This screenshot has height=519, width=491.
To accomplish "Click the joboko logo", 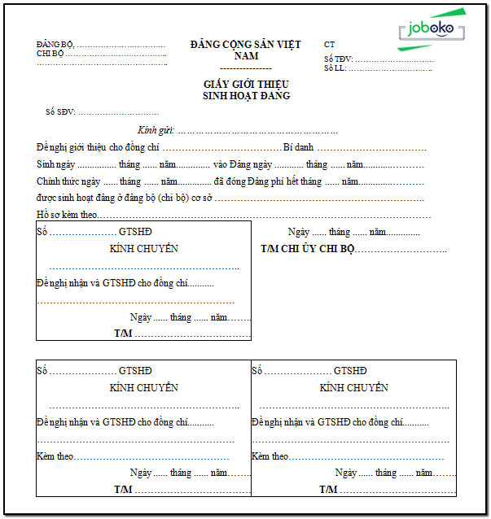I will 432,30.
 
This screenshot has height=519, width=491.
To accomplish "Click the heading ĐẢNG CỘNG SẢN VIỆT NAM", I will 245,50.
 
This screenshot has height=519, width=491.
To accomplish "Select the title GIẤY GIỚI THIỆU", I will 246,85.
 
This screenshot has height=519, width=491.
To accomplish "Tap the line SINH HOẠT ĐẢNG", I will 246,96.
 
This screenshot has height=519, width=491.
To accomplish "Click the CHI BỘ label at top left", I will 50,54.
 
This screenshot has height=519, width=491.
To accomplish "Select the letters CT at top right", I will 329,45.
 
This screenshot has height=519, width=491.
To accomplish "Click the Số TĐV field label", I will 338,59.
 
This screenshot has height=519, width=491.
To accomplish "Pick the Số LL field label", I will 335,68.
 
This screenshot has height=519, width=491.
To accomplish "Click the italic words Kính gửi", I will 156,130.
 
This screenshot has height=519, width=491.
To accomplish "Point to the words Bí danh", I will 298,147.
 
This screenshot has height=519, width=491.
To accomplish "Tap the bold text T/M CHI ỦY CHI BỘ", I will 308,249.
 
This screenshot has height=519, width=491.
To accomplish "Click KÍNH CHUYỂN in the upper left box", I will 143,249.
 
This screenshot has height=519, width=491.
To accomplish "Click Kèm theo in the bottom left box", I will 55,456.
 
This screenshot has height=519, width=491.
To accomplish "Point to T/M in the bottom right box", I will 328,490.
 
